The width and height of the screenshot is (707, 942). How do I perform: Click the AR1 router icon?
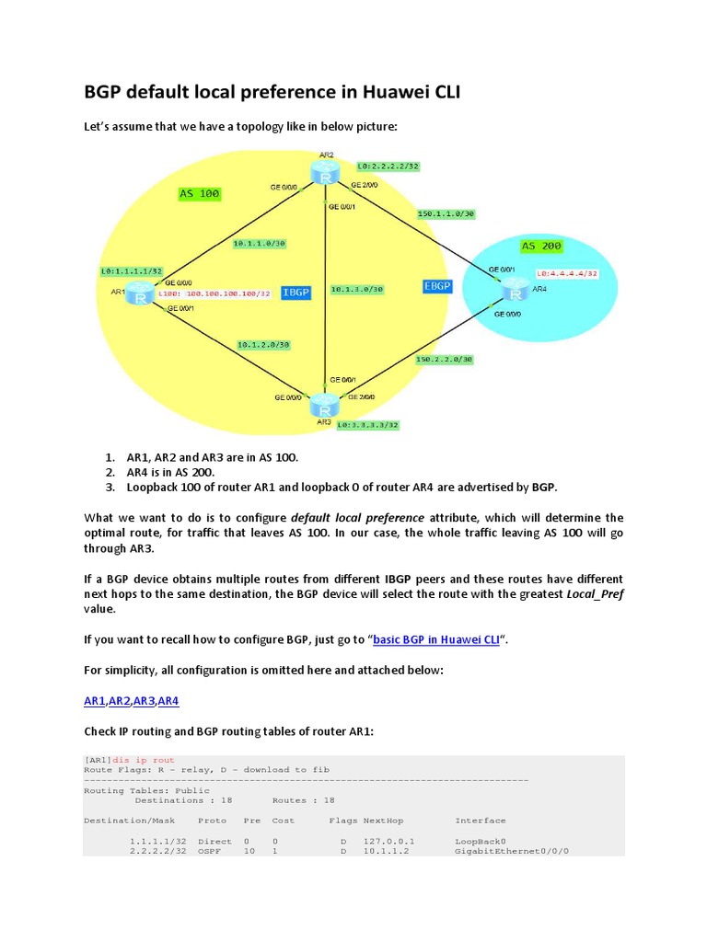point(140,295)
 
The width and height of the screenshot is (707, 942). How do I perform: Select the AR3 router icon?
point(323,405)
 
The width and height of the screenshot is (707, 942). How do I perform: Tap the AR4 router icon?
point(512,292)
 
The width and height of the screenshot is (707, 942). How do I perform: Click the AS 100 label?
point(199,194)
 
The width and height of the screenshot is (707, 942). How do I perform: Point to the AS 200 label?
point(541,247)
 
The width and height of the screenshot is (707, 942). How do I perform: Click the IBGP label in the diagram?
point(296,292)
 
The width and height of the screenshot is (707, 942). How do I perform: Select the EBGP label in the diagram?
point(436,286)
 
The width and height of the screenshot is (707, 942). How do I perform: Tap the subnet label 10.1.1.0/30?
point(259,244)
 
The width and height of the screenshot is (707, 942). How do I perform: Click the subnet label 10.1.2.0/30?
point(262,344)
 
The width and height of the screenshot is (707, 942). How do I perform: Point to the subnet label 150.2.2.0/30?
point(445,359)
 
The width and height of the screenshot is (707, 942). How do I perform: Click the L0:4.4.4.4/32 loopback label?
point(567,273)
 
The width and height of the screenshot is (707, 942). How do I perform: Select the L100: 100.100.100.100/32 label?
point(214,294)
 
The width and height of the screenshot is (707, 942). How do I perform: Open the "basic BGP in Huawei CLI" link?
point(435,640)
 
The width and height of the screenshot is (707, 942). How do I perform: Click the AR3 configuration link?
point(144,701)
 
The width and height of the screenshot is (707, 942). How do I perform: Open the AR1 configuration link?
point(94,701)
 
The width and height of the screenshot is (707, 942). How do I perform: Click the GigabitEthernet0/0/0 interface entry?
point(512,852)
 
